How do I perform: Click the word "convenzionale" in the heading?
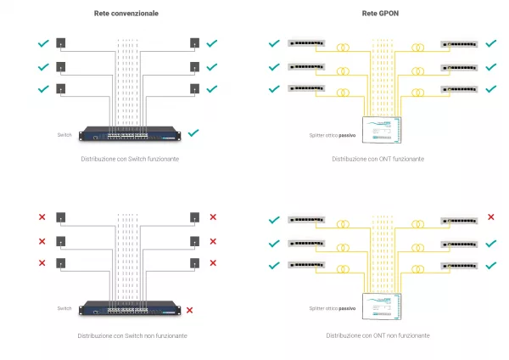pyautogui.click(x=135, y=14)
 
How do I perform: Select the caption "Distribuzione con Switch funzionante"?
pyautogui.click(x=130, y=159)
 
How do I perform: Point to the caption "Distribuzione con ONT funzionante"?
pyautogui.click(x=378, y=159)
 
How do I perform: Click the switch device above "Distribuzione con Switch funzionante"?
pyautogui.click(x=130, y=133)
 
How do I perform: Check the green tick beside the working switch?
pyautogui.click(x=194, y=132)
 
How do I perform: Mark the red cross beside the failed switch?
pyautogui.click(x=191, y=310)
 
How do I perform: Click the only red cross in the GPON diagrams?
pyautogui.click(x=490, y=218)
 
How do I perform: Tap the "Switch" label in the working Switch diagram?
pyautogui.click(x=64, y=134)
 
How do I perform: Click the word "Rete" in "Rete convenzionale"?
pyautogui.click(x=103, y=14)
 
